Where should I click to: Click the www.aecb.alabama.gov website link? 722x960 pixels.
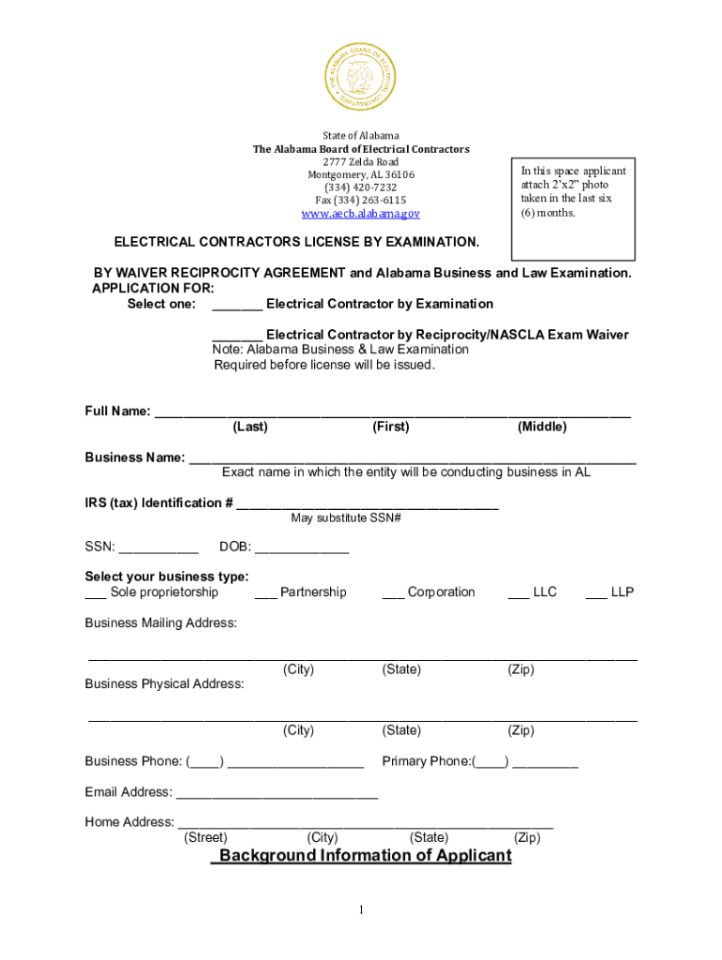(361, 214)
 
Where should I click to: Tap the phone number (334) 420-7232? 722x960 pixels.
(361, 187)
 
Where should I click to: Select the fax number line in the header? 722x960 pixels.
(361, 201)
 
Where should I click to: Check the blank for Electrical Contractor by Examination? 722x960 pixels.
(237, 305)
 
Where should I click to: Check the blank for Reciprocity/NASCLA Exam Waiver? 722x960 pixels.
(237, 336)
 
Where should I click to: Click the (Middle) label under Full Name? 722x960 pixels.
(542, 427)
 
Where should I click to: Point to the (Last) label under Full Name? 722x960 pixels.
(250, 427)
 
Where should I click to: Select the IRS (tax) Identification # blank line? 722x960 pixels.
(368, 505)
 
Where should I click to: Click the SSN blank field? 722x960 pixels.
(158, 549)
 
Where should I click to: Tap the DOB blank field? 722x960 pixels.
(301, 549)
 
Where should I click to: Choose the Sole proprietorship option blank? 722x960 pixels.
(95, 593)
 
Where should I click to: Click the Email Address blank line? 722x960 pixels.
(278, 794)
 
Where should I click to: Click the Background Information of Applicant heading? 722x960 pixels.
(362, 856)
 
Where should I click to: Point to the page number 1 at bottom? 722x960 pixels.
(361, 910)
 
